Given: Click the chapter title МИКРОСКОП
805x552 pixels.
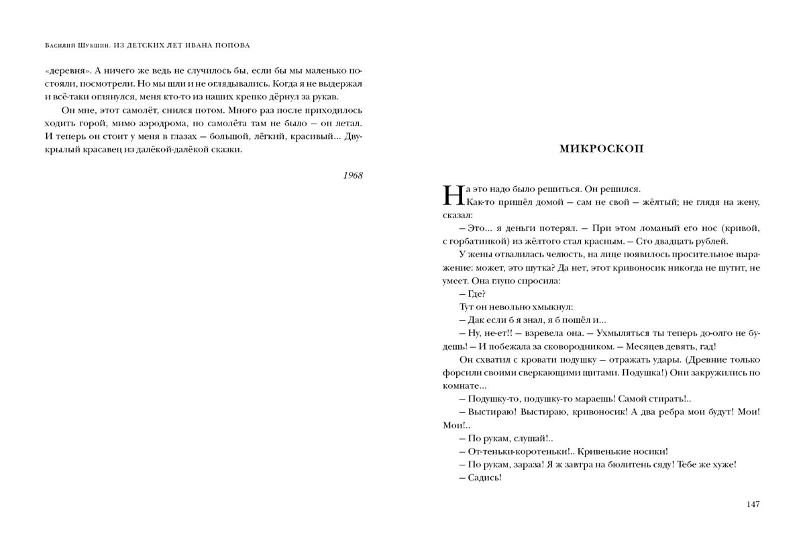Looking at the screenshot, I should pyautogui.click(x=601, y=149).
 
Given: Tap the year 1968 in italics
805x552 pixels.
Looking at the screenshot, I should pyautogui.click(x=352, y=175).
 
